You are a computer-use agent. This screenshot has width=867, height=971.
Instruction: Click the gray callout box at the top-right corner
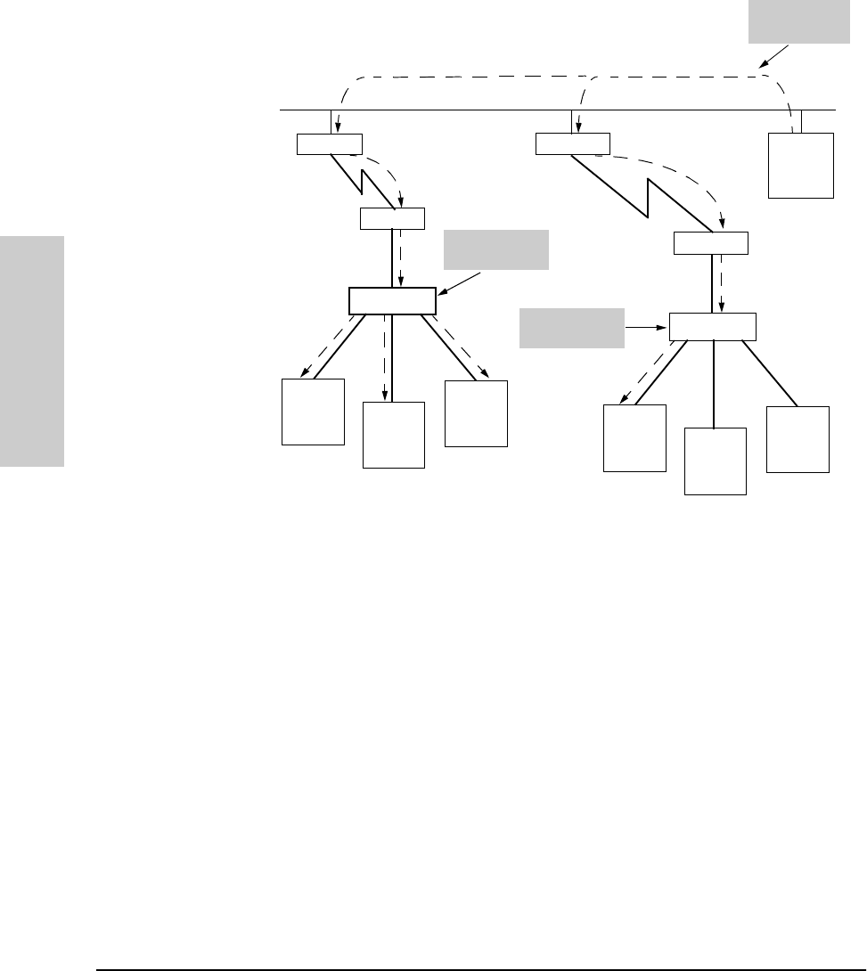coord(798,21)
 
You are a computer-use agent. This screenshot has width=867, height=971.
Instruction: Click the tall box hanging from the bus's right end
coord(802,165)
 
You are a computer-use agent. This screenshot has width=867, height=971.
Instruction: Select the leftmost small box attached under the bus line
coord(329,143)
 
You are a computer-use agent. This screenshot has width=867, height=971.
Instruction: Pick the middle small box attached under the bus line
coord(573,143)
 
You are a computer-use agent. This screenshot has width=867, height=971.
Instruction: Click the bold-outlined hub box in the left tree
coord(391,301)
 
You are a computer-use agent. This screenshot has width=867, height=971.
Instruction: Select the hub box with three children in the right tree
coord(712,327)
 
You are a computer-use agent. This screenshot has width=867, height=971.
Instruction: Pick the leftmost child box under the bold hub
coord(313,412)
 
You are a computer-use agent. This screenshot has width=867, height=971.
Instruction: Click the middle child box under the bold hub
coord(394,435)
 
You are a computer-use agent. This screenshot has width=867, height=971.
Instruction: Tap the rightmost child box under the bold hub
coord(476,413)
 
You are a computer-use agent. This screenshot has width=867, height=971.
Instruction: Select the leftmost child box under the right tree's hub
coord(634,437)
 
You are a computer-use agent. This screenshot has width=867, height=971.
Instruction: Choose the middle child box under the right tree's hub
coord(715,461)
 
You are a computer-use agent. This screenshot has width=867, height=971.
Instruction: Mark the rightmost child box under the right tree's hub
coord(797,439)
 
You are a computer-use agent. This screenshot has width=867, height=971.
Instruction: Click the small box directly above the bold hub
coord(392,218)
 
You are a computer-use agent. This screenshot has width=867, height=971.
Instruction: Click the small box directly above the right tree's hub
coord(711,242)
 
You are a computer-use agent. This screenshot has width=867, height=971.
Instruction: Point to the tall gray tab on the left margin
coord(32,351)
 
